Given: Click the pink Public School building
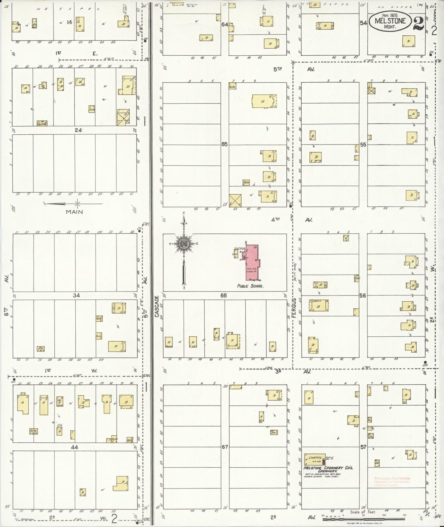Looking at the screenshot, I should coord(252,263).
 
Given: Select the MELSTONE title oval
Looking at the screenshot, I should coord(390,21).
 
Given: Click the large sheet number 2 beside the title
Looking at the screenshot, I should coord(418,24).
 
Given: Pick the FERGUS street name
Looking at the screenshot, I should coord(294,307).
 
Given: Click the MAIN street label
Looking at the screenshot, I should coord(74,212).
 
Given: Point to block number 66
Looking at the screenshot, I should coord(223,295).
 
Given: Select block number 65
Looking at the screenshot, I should coord(225,144).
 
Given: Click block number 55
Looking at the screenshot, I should coord(363,144).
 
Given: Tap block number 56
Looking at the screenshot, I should coord(363,295).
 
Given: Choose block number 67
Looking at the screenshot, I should coord(225,447).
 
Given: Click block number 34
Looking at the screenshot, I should coord(76,295).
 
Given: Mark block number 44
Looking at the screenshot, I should coord(75,447).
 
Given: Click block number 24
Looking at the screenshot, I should coord(78,130).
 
